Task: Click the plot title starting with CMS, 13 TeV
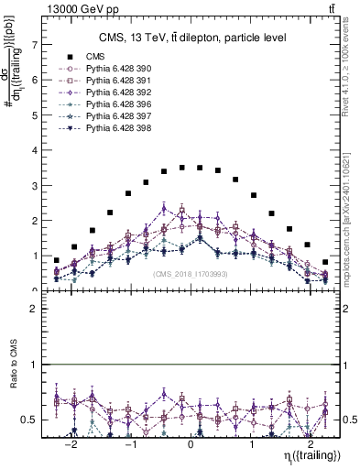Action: click(192, 37)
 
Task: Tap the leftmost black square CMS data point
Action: click(57, 260)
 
